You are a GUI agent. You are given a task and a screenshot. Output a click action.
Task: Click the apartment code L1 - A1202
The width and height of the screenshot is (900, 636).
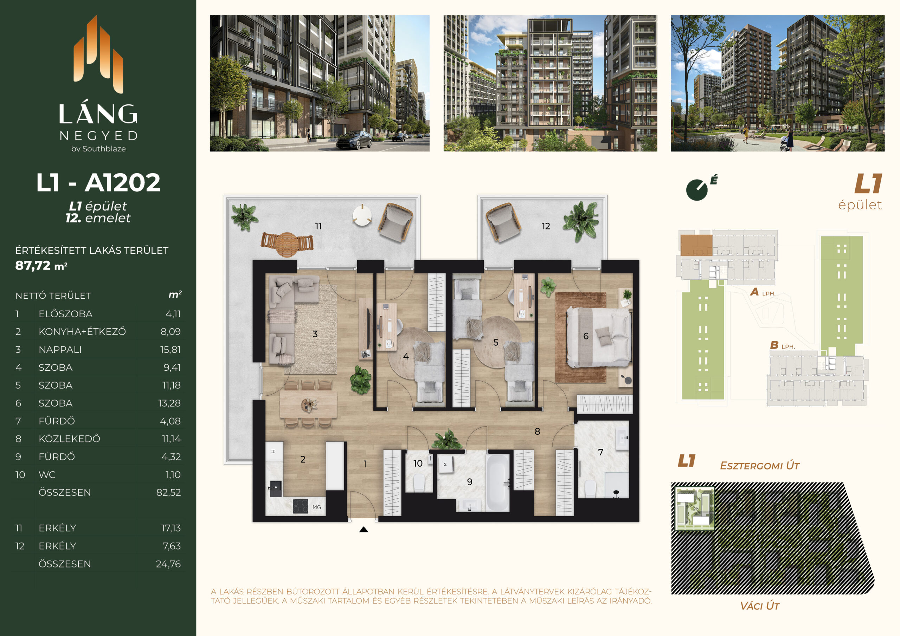point(98,183)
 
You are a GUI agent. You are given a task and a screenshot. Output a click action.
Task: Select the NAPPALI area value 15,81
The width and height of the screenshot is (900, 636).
point(170,350)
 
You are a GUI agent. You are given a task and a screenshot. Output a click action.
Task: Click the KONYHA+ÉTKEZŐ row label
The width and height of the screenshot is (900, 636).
point(82,331)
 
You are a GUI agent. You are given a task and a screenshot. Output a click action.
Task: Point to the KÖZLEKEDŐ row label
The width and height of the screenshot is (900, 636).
point(69,439)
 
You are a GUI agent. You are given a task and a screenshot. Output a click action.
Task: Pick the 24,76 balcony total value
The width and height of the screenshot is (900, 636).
point(168,564)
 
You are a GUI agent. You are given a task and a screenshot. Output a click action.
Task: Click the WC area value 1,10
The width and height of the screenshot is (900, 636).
point(173,475)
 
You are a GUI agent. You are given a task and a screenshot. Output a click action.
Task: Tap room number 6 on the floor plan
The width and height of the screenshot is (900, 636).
point(586,336)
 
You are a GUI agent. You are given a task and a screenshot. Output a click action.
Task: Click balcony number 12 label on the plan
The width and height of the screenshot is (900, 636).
point(546,226)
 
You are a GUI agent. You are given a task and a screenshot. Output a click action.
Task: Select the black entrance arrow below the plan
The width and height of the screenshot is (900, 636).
point(364,530)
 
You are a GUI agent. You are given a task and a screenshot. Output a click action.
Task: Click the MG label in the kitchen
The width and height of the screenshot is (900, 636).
point(317,507)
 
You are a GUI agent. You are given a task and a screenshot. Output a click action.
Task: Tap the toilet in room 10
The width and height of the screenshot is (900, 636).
point(419,482)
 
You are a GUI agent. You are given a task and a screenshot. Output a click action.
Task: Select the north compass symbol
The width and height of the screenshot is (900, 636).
point(697,190)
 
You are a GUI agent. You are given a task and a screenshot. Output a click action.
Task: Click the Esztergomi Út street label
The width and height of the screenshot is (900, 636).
point(759,466)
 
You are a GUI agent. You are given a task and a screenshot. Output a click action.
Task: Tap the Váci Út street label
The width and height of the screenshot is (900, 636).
point(759,606)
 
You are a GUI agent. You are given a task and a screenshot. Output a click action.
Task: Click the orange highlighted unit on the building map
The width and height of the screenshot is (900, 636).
point(696,245)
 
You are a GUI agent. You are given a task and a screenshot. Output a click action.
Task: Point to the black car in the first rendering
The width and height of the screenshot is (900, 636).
point(354,140)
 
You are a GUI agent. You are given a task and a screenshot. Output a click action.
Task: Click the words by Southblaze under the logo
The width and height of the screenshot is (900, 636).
point(98,149)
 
